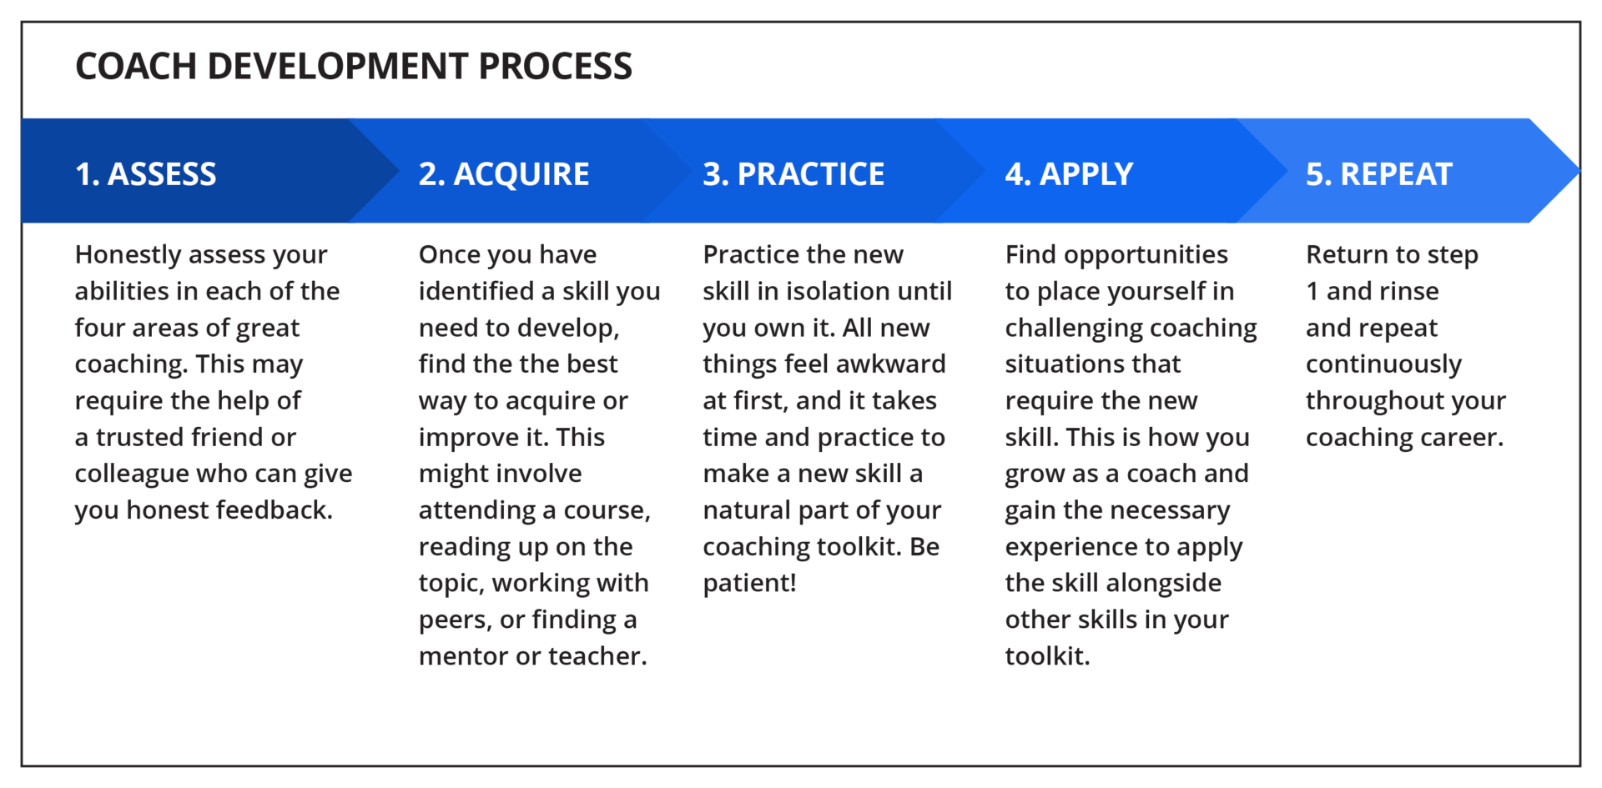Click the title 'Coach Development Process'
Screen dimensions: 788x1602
(354, 66)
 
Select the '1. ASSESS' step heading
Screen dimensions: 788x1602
(146, 174)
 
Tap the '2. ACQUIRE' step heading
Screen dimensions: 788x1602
(504, 174)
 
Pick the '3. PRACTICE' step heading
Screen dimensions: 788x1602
(793, 174)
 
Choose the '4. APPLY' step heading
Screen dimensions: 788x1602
(1069, 174)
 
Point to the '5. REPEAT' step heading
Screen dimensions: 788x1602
(1379, 174)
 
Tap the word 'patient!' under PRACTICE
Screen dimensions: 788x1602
(749, 583)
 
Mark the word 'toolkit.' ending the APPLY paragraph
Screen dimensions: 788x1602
(1047, 656)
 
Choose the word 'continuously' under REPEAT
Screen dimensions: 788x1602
(1383, 364)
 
